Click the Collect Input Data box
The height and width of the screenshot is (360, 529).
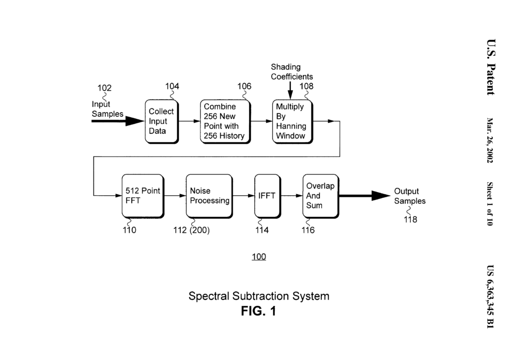click(x=162, y=121)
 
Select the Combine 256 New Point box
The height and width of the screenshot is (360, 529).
click(x=225, y=121)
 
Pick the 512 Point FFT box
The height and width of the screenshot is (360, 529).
click(x=143, y=196)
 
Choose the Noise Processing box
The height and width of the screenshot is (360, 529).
click(x=209, y=196)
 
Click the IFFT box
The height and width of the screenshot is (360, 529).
click(x=267, y=196)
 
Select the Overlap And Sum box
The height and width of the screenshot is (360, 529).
click(x=320, y=196)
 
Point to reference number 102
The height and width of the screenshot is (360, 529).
click(x=104, y=88)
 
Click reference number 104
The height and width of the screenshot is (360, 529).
click(x=172, y=86)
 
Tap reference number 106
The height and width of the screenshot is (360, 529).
click(x=244, y=86)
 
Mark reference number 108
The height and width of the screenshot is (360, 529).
click(x=306, y=86)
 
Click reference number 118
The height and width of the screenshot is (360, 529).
click(x=410, y=220)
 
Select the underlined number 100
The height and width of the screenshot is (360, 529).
click(x=259, y=257)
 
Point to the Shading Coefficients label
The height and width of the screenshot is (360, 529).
click(x=292, y=72)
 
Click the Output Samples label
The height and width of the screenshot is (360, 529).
click(x=410, y=196)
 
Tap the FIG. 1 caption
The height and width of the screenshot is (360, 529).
click(x=259, y=311)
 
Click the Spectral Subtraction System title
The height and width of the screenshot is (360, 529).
click(x=259, y=296)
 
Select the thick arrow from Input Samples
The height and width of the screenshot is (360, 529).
click(x=118, y=121)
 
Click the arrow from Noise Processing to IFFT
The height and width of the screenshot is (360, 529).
click(x=242, y=196)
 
